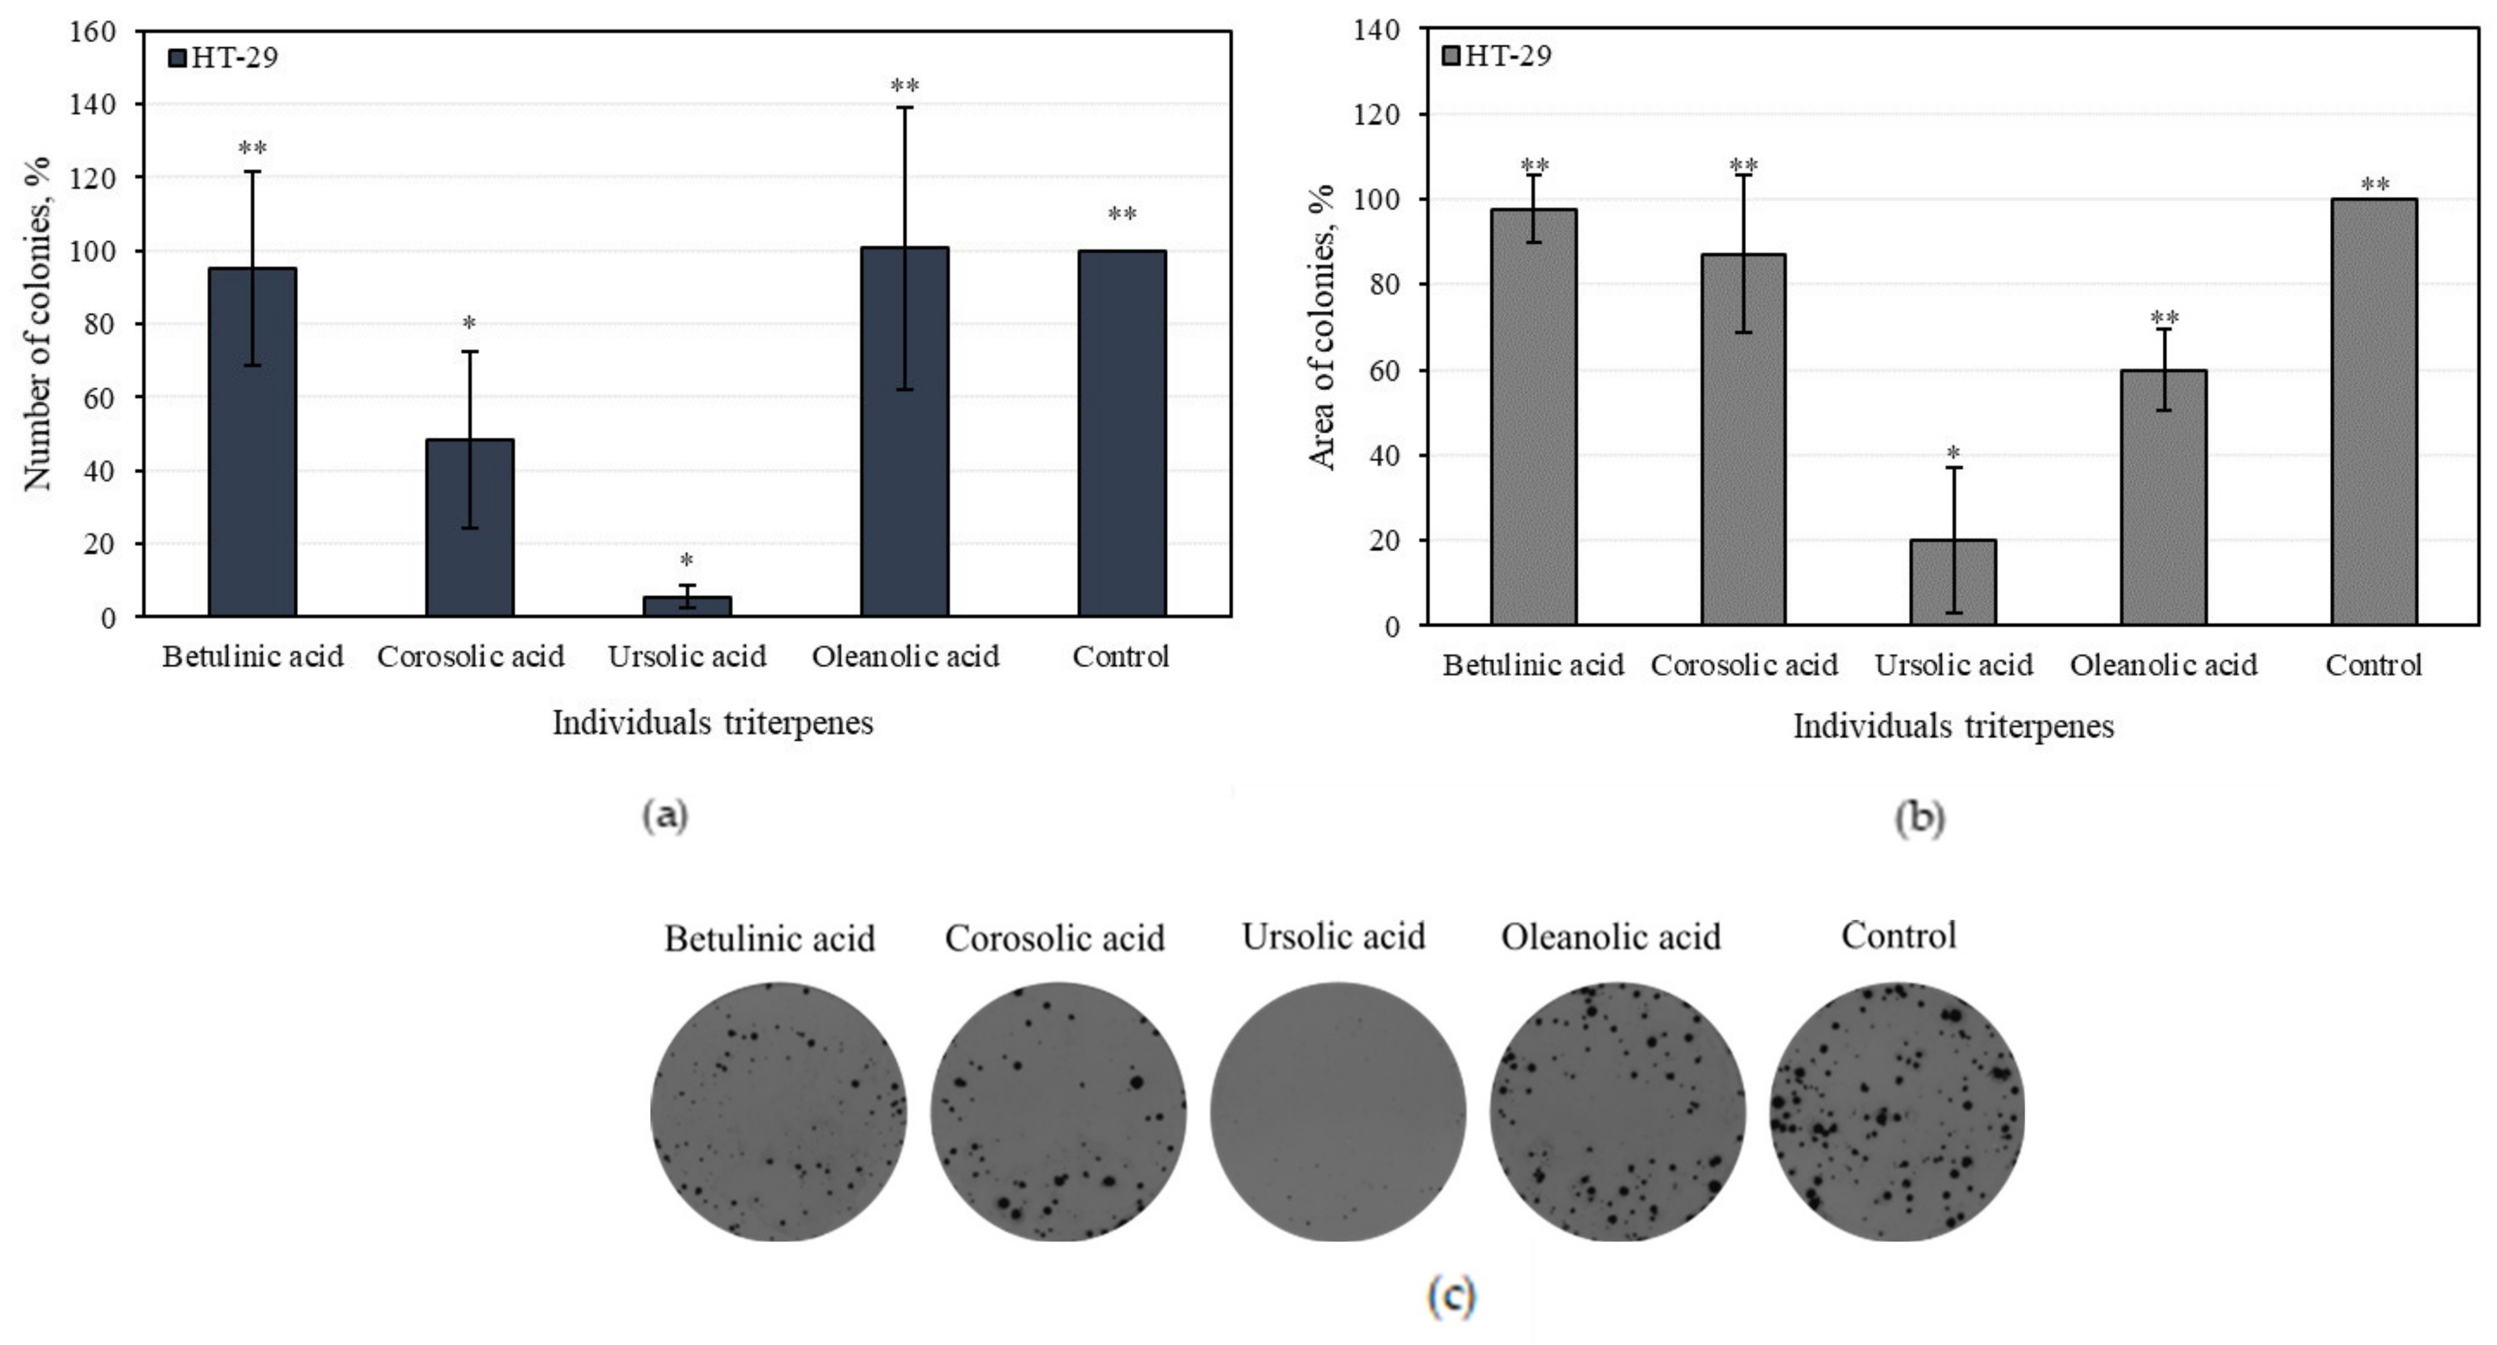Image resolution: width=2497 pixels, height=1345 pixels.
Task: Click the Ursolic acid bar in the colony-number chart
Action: pyautogui.click(x=687, y=605)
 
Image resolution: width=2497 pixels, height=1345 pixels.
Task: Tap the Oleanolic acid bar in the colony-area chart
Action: pyautogui.click(x=2164, y=497)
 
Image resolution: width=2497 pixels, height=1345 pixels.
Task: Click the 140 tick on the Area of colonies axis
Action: pyautogui.click(x=1378, y=30)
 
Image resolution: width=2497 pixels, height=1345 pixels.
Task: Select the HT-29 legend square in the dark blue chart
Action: pyautogui.click(x=176, y=58)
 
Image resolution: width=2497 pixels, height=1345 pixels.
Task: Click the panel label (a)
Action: pyautogui.click(x=665, y=815)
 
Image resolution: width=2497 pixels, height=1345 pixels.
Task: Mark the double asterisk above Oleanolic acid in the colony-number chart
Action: pyautogui.click(x=904, y=86)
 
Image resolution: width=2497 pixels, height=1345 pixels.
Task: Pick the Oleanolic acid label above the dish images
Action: pyautogui.click(x=1611, y=937)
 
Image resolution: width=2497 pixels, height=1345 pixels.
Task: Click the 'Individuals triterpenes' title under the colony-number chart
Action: pyautogui.click(x=712, y=722)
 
